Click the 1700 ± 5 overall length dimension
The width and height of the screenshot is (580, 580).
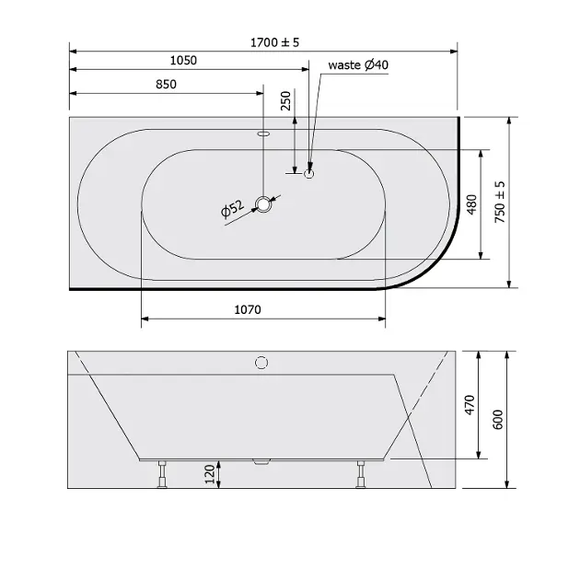[274, 42]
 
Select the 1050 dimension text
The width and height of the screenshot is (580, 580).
[183, 60]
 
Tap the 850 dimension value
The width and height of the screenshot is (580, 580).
[166, 85]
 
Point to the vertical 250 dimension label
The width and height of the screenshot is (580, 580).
[286, 101]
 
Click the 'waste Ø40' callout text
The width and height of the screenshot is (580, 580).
[358, 64]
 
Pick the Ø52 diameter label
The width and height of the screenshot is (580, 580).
[232, 209]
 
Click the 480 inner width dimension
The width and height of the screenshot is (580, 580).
[471, 204]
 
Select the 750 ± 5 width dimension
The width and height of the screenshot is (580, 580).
[499, 202]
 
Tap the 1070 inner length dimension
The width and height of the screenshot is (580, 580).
[248, 309]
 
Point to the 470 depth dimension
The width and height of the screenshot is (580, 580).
[470, 405]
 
